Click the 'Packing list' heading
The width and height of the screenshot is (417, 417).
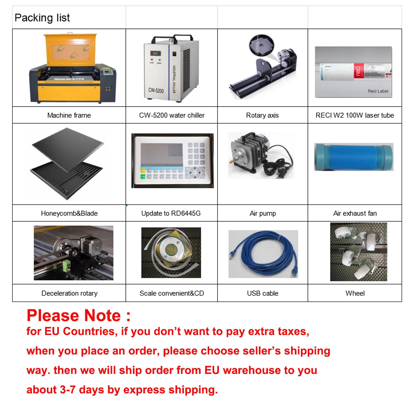[42, 18]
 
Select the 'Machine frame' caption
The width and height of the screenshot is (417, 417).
[69, 115]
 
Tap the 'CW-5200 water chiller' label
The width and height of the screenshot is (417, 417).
[172, 115]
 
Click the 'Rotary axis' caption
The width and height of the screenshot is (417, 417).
[262, 115]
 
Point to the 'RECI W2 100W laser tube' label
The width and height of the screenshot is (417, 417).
[354, 115]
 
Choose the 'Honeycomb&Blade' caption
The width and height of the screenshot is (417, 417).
[69, 213]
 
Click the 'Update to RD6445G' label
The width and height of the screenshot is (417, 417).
[171, 213]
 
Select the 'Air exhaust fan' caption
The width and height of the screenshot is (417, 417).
[355, 213]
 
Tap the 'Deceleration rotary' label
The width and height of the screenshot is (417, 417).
[69, 293]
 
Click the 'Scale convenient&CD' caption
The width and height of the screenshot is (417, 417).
[172, 293]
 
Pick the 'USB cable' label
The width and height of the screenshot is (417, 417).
[262, 293]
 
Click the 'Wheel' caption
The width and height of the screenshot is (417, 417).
[355, 293]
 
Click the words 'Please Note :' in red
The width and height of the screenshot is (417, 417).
[79, 316]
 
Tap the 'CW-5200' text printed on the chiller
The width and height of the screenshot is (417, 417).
[156, 90]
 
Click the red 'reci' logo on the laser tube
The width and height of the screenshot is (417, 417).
[358, 71]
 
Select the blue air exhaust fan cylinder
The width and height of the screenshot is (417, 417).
[354, 157]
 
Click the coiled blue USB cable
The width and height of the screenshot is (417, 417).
[263, 254]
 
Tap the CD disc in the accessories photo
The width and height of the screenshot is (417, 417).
[171, 249]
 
